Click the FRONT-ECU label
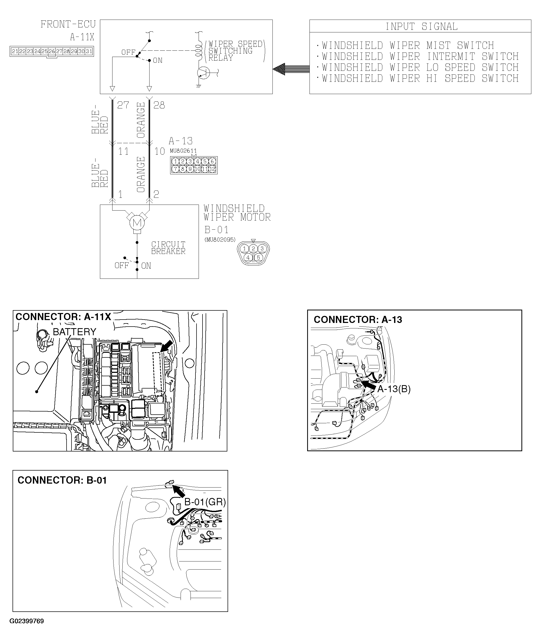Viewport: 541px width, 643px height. pyautogui.click(x=68, y=24)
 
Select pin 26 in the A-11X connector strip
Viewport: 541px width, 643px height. pyautogui.click(x=52, y=51)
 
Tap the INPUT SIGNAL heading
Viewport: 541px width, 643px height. pyautogui.click(x=421, y=27)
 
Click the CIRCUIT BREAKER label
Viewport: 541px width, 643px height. pyautogui.click(x=168, y=248)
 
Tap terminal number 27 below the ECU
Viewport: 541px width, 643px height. pyautogui.click(x=123, y=105)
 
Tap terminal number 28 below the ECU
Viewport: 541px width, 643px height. pyautogui.click(x=159, y=105)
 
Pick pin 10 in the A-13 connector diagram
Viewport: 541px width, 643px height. pyautogui.click(x=198, y=169)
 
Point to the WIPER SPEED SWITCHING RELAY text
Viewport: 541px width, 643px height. pyautogui.click(x=235, y=51)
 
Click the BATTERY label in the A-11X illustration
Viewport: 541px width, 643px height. pyautogui.click(x=75, y=332)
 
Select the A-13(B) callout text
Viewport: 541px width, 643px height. pyautogui.click(x=394, y=389)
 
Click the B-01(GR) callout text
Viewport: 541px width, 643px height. pyautogui.click(x=205, y=502)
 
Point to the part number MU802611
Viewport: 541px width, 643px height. pyautogui.click(x=183, y=151)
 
